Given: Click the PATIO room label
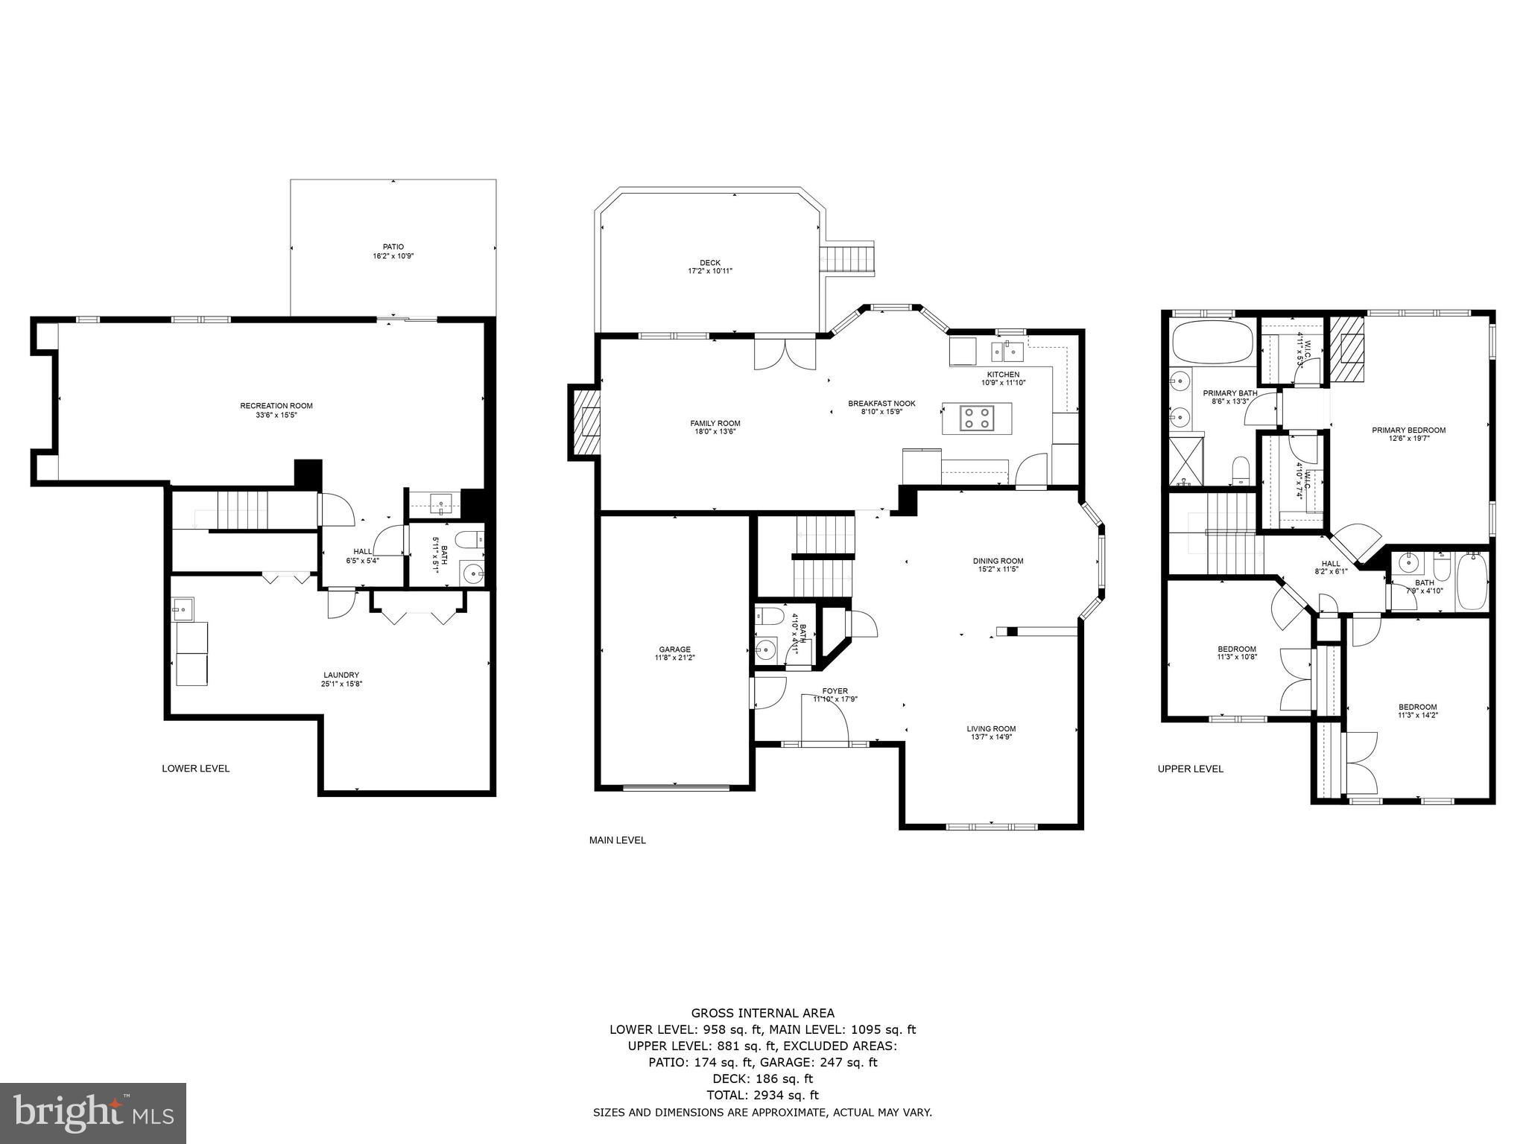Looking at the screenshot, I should click(x=393, y=247).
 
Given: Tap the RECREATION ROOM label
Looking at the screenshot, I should click(x=276, y=406).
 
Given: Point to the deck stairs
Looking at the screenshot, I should click(x=847, y=260).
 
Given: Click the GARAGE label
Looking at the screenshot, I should click(x=673, y=649).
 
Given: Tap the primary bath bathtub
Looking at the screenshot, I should click(x=1211, y=343).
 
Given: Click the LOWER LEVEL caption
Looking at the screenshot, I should click(x=196, y=769).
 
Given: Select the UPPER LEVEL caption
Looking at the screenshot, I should click(x=1190, y=769).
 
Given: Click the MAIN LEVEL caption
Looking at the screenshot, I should click(x=617, y=840).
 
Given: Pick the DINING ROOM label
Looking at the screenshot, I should click(x=998, y=561).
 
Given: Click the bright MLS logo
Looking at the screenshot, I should click(x=93, y=1113).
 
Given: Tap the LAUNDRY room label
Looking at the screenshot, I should click(x=341, y=675).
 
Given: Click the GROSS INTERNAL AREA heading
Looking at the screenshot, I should click(x=762, y=1013).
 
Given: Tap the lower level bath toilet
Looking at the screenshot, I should click(x=468, y=538).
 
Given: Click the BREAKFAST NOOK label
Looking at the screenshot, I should click(x=881, y=404).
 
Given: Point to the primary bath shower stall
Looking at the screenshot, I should click(x=1185, y=462).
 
